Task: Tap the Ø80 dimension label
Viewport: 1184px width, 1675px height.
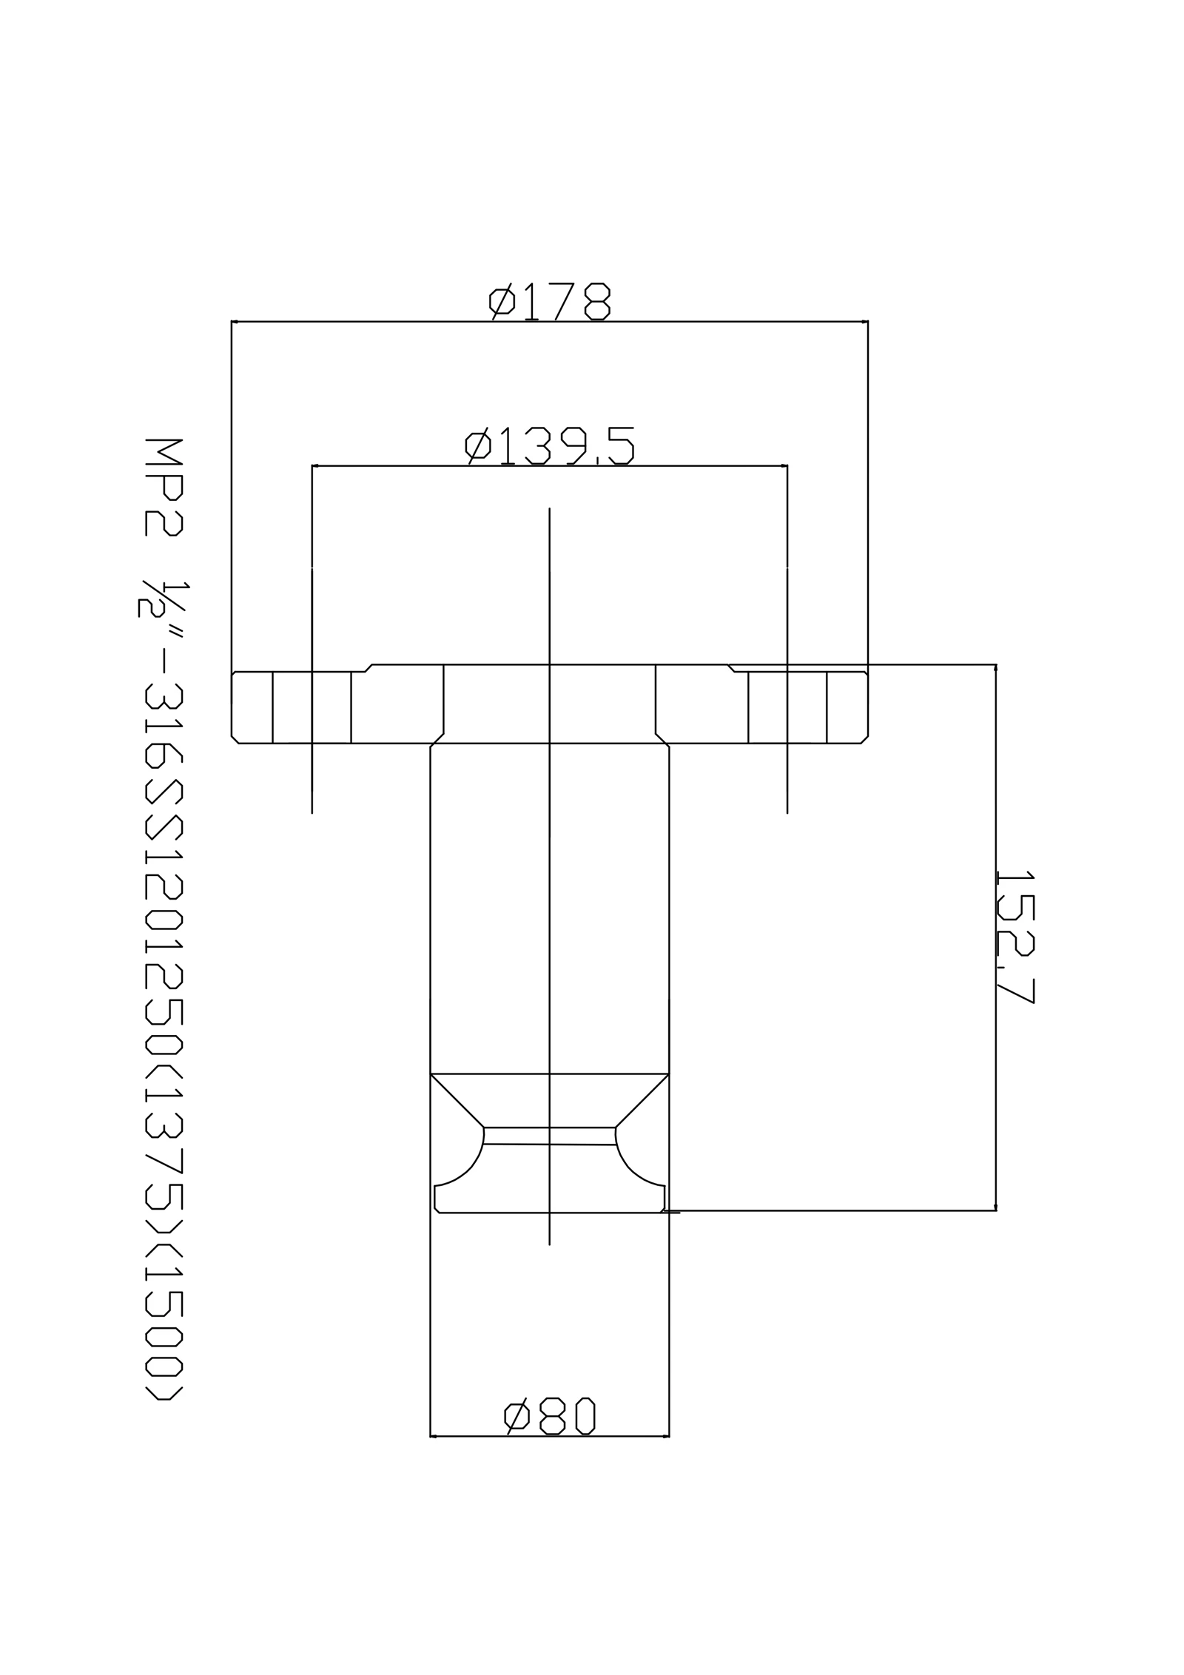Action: [549, 1416]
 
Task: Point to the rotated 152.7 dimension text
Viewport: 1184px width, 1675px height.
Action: [1015, 937]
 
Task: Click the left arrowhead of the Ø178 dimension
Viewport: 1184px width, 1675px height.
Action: [235, 322]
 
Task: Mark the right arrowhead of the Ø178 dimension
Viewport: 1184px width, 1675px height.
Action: [864, 322]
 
